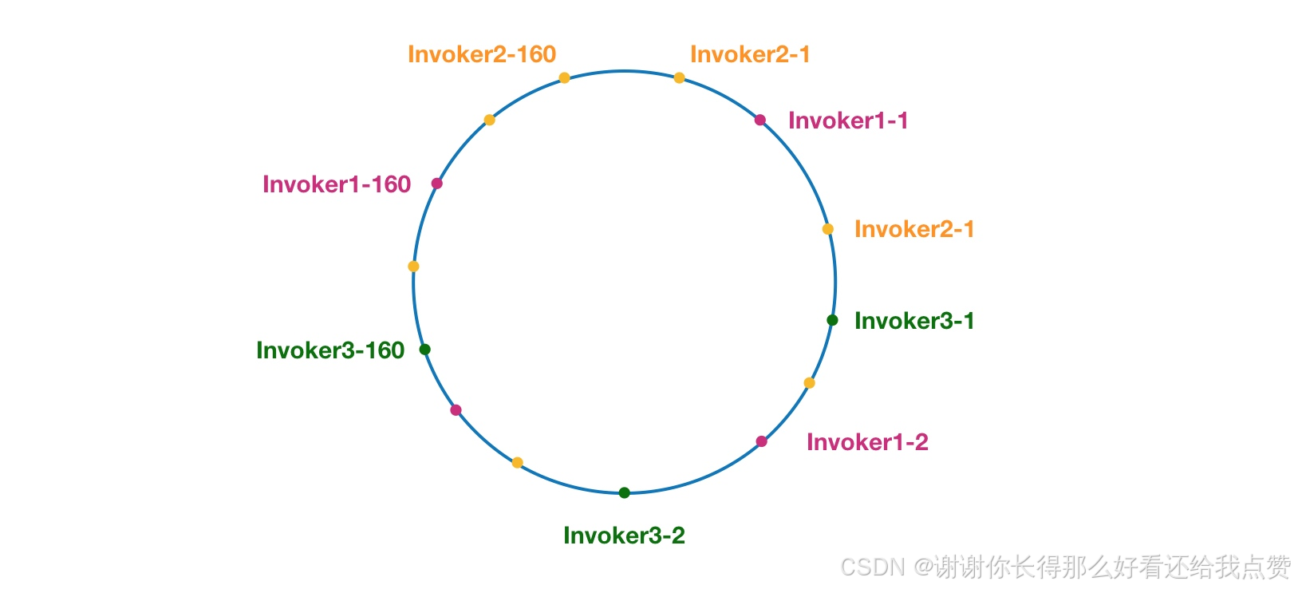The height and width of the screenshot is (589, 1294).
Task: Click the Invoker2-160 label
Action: click(x=481, y=54)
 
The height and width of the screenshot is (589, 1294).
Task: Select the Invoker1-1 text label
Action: click(x=847, y=121)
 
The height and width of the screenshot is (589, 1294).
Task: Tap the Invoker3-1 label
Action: click(x=913, y=321)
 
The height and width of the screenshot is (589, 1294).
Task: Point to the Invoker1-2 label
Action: click(x=866, y=442)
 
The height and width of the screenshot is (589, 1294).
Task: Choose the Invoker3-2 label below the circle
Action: click(x=624, y=536)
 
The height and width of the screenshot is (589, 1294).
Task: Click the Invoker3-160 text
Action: click(x=330, y=350)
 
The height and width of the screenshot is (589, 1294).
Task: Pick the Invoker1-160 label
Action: click(x=336, y=184)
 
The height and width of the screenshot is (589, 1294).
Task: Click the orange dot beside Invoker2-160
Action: click(x=564, y=78)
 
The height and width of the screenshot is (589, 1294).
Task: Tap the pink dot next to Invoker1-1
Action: click(x=760, y=121)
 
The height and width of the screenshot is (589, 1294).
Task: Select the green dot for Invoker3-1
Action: click(x=832, y=320)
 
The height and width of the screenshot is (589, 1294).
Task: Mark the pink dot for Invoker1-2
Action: click(x=761, y=441)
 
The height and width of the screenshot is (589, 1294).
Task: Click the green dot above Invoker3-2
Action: click(x=624, y=492)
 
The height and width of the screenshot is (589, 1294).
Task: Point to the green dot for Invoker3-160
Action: click(x=424, y=349)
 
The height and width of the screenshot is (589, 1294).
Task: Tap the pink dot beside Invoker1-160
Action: click(x=436, y=184)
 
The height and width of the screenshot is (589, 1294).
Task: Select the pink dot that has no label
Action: click(x=456, y=410)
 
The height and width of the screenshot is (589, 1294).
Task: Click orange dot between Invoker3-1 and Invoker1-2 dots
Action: click(x=809, y=383)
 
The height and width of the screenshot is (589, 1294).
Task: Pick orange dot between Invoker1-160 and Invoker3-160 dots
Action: click(x=413, y=267)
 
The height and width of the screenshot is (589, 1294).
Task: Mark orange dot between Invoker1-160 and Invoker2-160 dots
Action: click(x=489, y=121)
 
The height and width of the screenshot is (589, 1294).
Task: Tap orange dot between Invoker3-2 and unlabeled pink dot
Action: click(x=517, y=463)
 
